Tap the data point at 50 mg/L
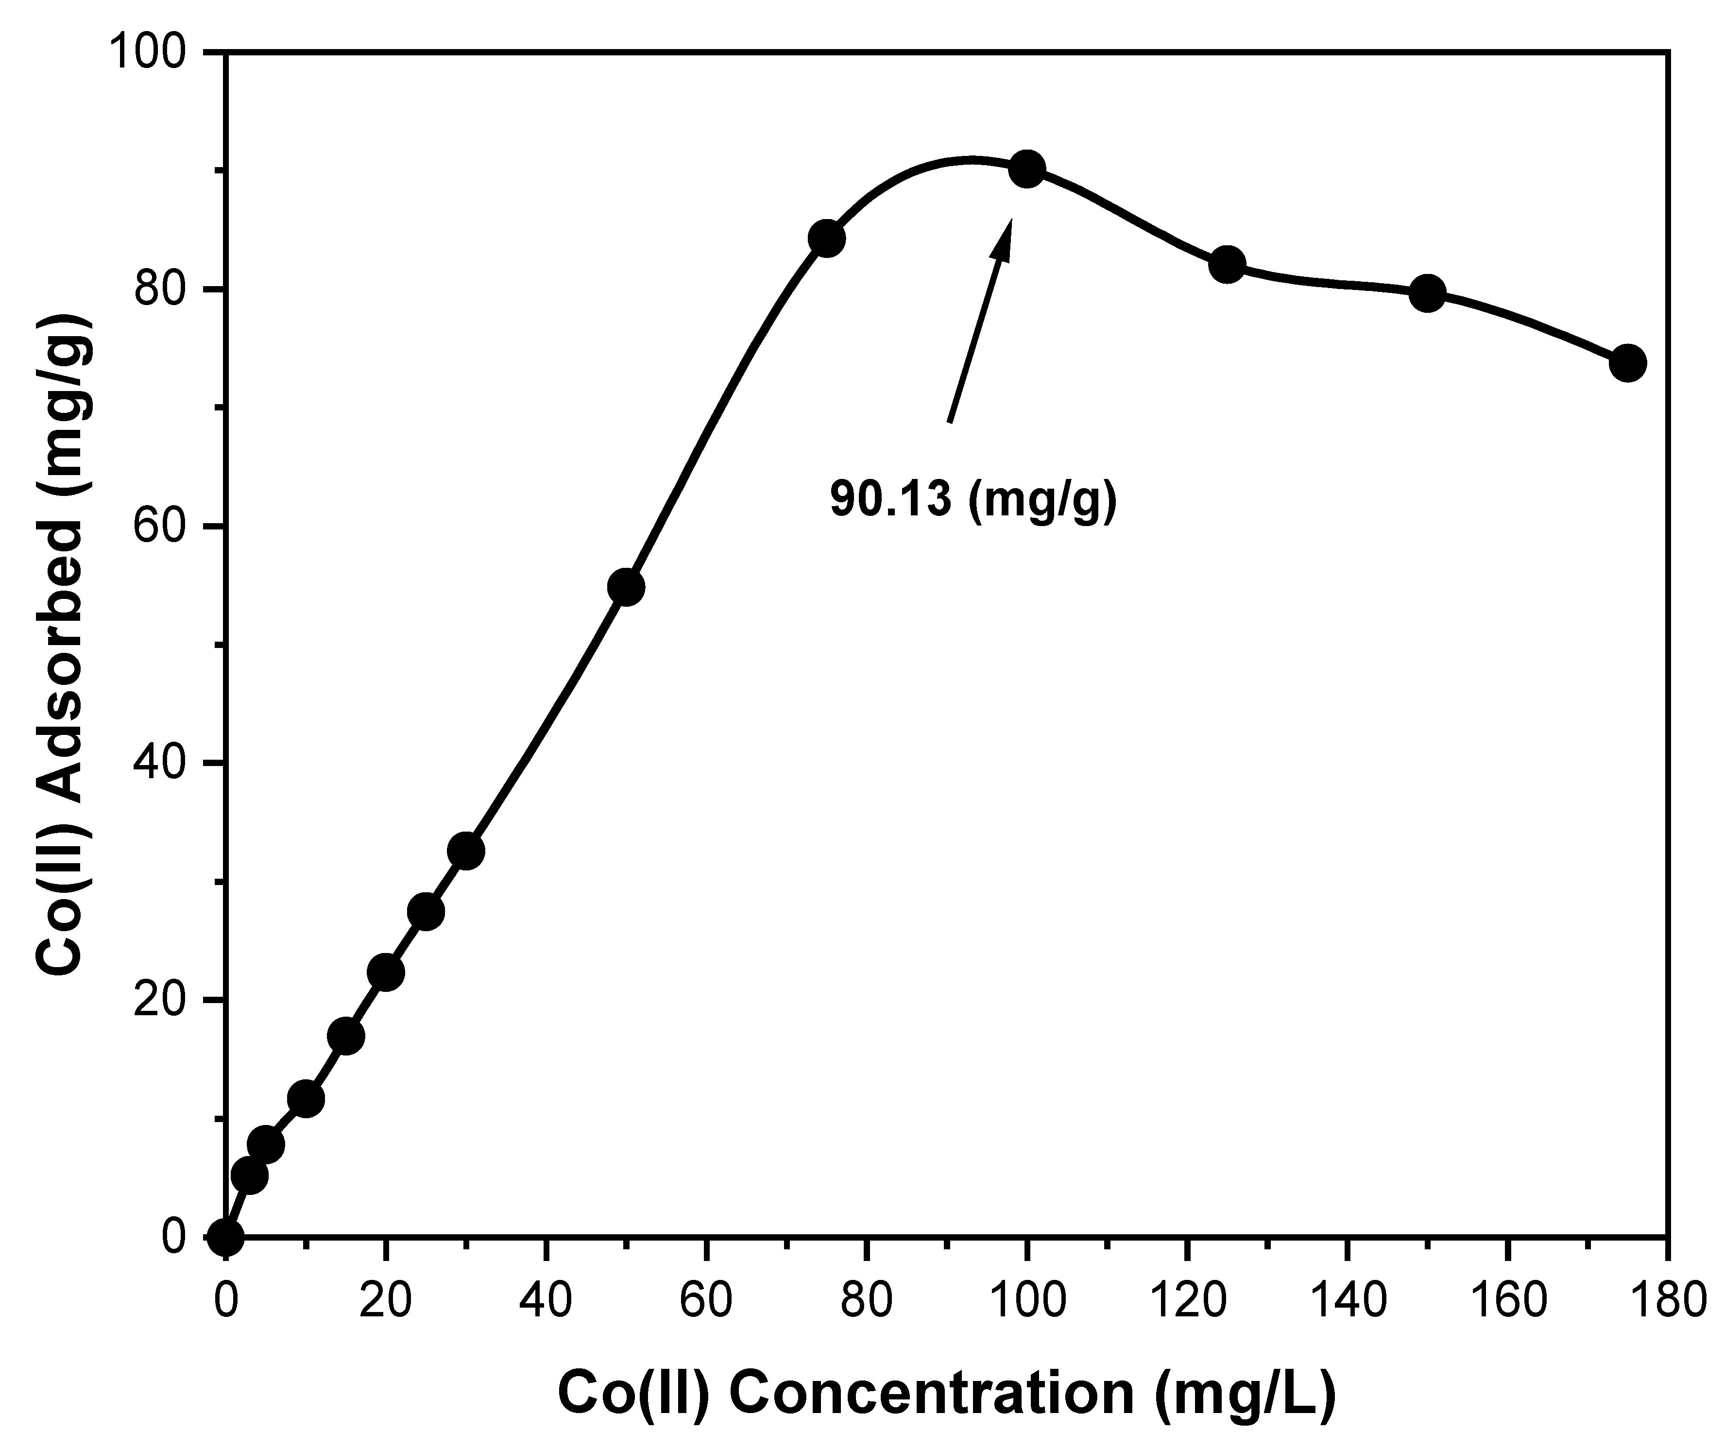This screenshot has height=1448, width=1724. [x=626, y=587]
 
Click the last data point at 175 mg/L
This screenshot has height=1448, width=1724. [x=1628, y=363]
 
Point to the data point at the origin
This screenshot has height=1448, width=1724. [x=226, y=1237]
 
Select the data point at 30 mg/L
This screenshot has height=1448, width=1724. [x=466, y=851]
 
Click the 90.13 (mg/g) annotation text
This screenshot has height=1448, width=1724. [x=973, y=498]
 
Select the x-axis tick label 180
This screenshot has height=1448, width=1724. [x=1667, y=1302]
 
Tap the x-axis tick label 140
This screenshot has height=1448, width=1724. [x=1347, y=1302]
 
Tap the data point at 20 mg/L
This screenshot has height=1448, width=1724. [x=386, y=972]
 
